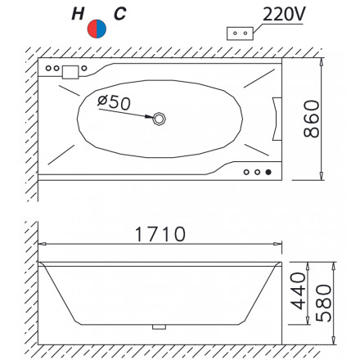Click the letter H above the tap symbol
pos(78,14)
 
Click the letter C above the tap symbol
pos(120,14)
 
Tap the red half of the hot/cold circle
pos(92,29)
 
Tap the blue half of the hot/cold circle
pos(101,29)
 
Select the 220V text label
pos(284,14)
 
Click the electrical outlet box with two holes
pos(240,34)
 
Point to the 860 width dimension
pos(311,119)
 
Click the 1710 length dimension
pos(160,234)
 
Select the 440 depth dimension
pos(298,291)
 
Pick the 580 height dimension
pos(323,303)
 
